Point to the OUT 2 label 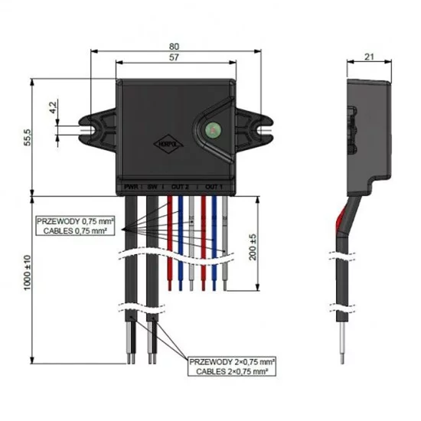click(x=180, y=186)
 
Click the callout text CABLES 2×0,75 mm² click(x=236, y=371)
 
